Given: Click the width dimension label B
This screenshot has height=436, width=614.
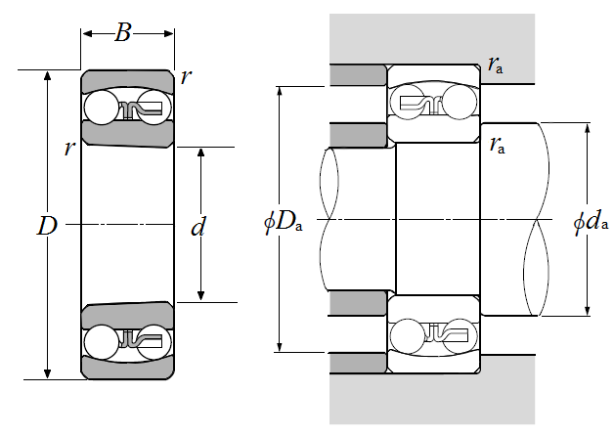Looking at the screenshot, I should click(123, 33).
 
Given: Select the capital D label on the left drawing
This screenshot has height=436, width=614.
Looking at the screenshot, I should click(46, 227).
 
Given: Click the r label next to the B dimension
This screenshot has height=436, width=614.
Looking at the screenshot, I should click(187, 77).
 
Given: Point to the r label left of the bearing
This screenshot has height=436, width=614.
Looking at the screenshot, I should click(68, 149).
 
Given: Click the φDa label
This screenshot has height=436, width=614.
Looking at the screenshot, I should click(284, 222).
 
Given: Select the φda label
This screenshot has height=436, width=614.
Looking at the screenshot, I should click(592, 222).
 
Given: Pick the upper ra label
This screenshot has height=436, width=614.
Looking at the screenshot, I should click(496, 65).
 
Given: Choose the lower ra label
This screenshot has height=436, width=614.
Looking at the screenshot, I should click(498, 146).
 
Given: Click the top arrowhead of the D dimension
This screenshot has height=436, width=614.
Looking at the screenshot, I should click(47, 76).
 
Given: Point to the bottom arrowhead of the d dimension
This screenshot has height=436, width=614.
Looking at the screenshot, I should click(201, 296).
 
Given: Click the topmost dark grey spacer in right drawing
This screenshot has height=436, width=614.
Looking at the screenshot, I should click(358, 74).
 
